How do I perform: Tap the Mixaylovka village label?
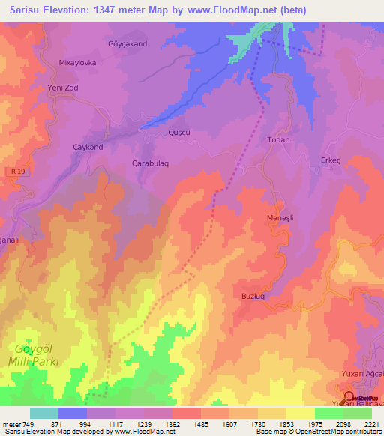(x=78, y=64)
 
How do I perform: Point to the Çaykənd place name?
(x=87, y=147)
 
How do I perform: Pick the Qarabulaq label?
(x=155, y=163)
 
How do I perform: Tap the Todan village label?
(x=278, y=140)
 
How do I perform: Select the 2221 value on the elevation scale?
(x=372, y=424)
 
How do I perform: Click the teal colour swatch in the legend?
(x=43, y=413)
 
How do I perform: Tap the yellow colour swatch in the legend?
(x=300, y=413)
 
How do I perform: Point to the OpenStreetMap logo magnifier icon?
(x=348, y=396)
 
